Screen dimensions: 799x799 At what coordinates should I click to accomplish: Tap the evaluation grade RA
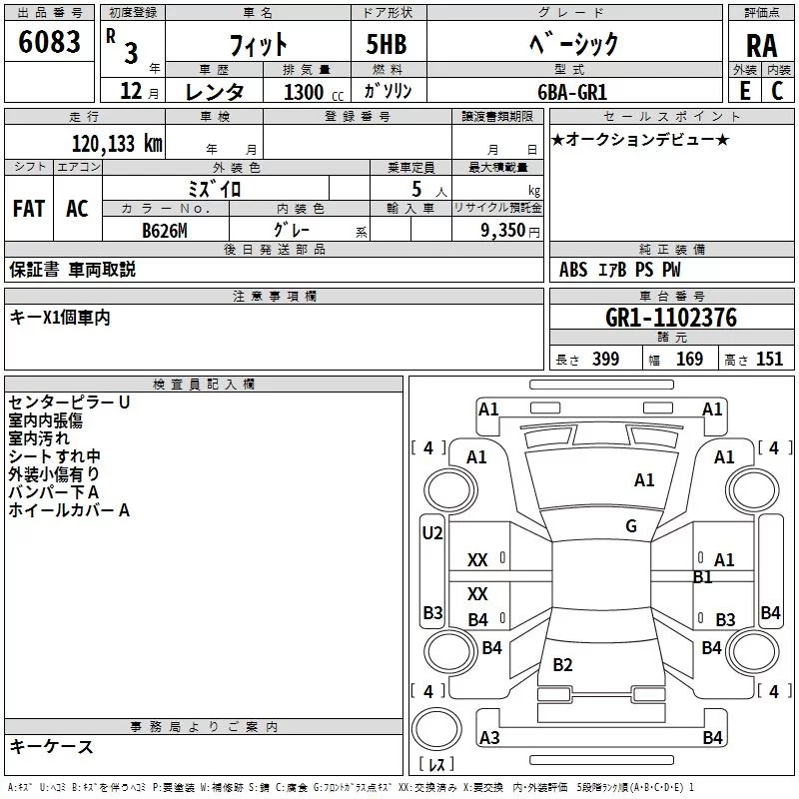pos(761,46)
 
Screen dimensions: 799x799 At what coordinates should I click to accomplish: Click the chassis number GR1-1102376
pos(671,319)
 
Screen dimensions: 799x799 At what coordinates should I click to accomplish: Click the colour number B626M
pos(164,230)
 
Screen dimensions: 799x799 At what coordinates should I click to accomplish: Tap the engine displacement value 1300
pos(304,92)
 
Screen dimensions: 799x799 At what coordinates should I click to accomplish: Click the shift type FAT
pos(29,208)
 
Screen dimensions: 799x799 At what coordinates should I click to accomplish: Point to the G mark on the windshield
pos(630,525)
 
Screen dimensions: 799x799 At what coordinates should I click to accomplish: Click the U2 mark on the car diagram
pos(431,533)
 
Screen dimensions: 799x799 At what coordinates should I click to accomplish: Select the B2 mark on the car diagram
pos(562,665)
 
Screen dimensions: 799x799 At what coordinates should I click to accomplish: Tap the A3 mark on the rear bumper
pos(489,738)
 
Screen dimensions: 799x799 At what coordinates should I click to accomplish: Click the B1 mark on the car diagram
pos(702,577)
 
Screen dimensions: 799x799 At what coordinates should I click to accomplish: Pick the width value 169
pos(689,360)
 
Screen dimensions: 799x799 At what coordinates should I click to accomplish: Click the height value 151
pos(769,360)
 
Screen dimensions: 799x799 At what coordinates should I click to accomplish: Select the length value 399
pos(605,360)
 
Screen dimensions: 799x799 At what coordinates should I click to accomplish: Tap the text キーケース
pos(51,747)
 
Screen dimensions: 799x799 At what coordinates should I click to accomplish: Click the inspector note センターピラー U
pos(69,402)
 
